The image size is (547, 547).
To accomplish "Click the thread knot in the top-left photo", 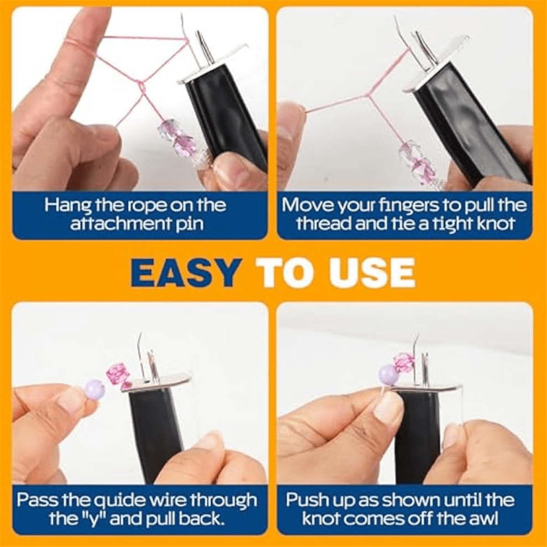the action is coord(140,84).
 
